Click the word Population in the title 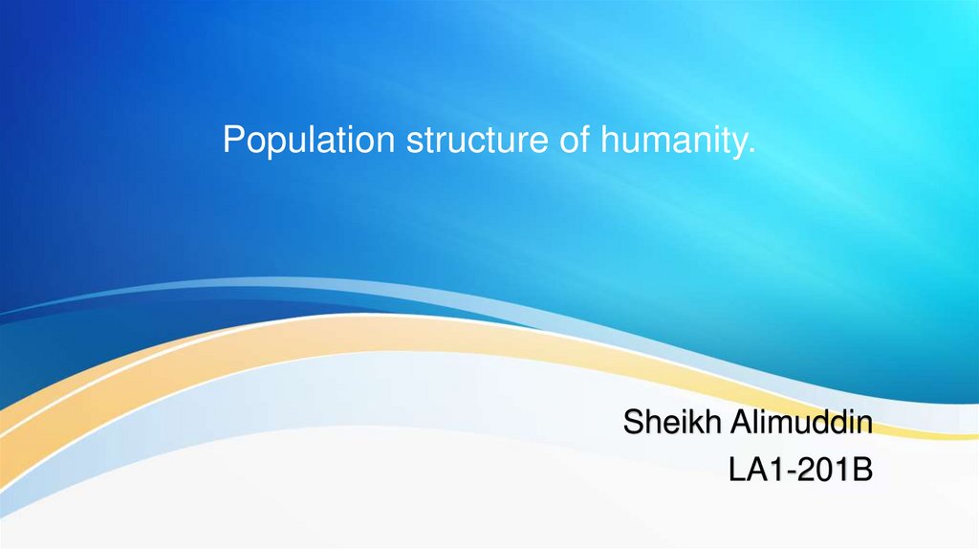(309, 141)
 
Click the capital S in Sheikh (633, 422)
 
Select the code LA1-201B (801, 469)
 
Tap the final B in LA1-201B (862, 469)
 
